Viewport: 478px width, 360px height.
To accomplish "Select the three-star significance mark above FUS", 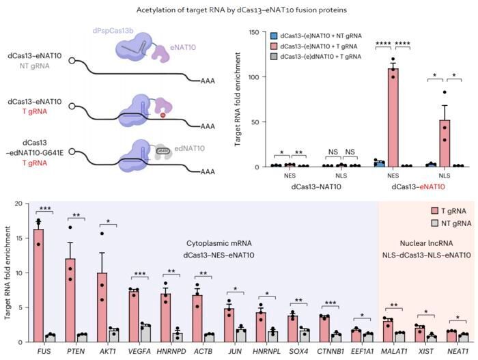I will tap(45, 208).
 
